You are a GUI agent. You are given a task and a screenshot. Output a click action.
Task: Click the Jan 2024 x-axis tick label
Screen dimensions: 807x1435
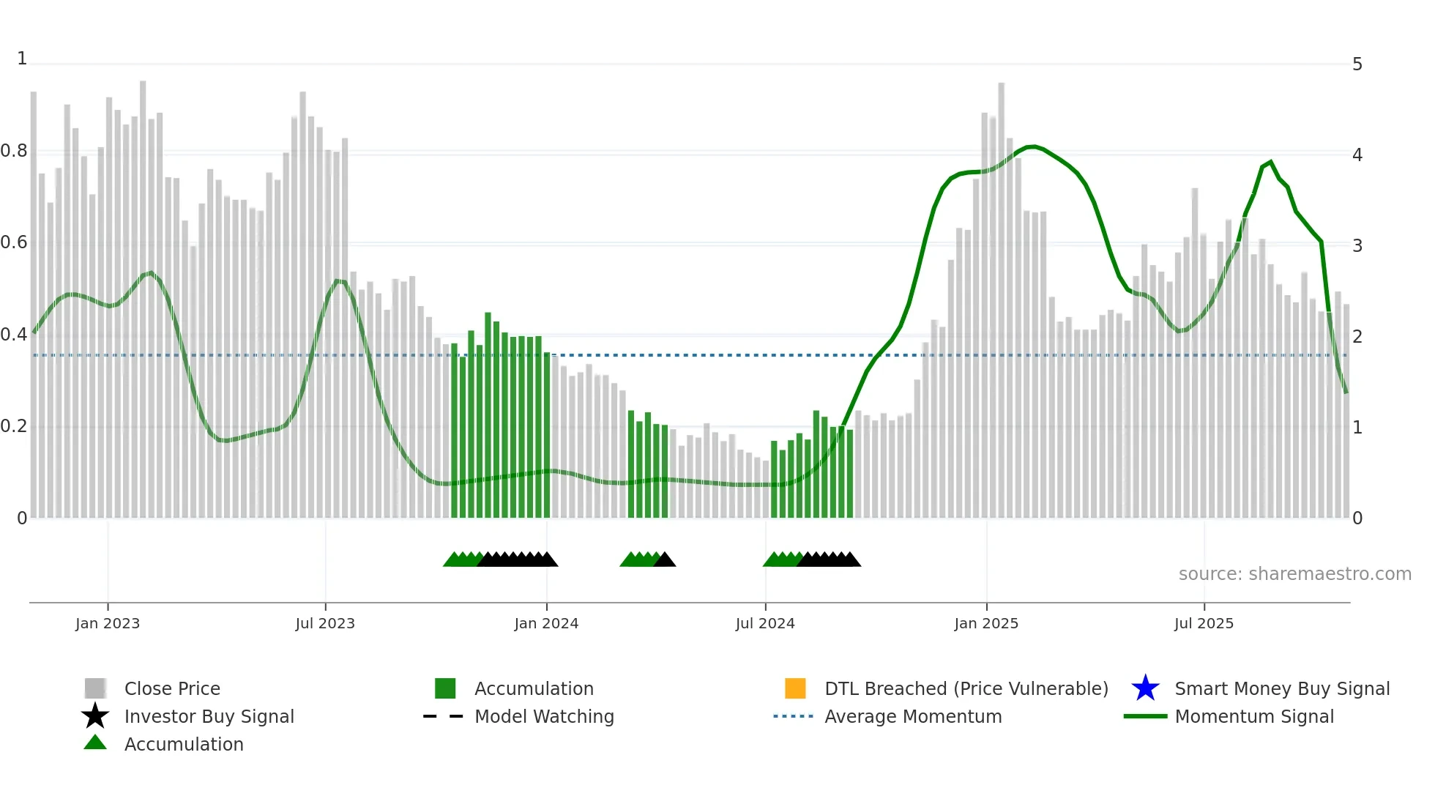546,623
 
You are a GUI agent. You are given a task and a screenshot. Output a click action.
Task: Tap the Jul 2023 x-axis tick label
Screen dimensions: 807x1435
325,623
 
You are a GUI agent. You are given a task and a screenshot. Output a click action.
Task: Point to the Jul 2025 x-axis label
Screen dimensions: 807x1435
1204,623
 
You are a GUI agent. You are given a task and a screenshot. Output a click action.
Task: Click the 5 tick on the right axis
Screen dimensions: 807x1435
1357,64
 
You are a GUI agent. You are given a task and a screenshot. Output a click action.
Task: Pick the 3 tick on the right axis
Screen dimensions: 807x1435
1357,245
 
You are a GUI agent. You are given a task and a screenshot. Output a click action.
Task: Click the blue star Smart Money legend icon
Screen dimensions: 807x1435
1145,688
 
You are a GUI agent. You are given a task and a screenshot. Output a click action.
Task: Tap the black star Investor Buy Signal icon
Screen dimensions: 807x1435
95,716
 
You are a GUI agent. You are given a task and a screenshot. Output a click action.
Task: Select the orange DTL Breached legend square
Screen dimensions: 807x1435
795,688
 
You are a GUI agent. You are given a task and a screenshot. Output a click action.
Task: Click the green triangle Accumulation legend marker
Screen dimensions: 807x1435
95,743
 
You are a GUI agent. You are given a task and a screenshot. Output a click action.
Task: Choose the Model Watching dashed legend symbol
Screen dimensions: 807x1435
444,716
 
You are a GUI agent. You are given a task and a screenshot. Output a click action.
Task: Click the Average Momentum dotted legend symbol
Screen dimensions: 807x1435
794,716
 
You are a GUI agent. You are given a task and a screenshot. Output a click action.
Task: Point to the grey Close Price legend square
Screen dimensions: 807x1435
95,688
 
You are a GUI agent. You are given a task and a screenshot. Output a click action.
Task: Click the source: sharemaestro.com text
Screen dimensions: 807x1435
1294,574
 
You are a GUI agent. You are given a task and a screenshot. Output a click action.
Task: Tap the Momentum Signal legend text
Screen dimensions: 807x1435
1254,716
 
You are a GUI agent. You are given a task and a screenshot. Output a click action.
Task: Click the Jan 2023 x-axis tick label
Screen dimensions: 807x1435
108,623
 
